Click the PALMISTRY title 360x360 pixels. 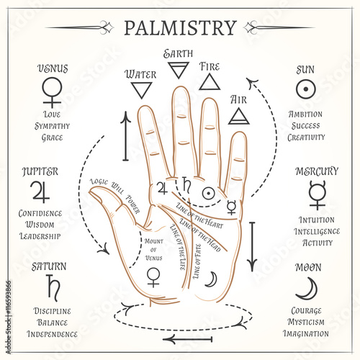point(181,28)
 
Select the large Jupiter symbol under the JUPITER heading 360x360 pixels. point(41,192)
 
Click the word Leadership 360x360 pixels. point(40,236)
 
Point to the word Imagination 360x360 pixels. point(306,333)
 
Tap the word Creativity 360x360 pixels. point(306,138)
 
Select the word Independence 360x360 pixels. point(52,334)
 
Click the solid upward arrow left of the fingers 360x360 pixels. point(125,136)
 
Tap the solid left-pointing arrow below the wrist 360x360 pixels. point(188,339)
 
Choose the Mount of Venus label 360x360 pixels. point(154,250)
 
